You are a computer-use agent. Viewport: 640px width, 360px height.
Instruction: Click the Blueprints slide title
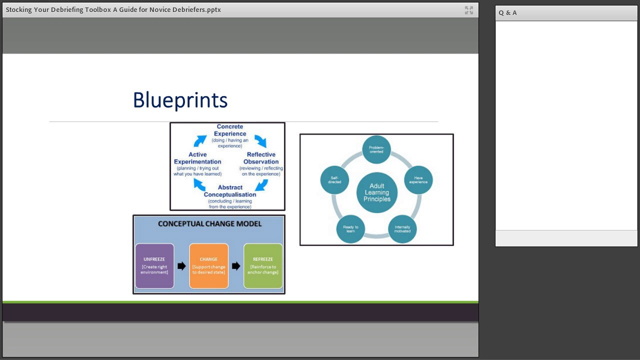180,100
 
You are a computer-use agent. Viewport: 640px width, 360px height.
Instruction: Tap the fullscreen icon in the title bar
468,10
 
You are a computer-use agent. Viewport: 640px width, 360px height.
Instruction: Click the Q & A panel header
508,13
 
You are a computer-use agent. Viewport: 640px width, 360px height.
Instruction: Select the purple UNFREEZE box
154,266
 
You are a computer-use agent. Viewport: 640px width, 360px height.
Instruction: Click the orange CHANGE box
208,266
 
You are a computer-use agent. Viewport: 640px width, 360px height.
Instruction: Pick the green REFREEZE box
263,266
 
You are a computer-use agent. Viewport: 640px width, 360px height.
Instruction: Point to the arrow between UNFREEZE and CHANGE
181,266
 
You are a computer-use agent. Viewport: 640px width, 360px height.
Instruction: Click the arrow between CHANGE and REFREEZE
236,266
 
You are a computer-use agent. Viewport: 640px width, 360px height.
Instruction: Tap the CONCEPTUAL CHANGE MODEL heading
209,223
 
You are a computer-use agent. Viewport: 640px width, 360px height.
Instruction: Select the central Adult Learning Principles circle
377,192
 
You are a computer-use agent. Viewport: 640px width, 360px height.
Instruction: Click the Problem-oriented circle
376,149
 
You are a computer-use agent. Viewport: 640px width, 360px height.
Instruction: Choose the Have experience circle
418,180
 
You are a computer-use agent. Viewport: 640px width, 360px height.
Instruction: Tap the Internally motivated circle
402,229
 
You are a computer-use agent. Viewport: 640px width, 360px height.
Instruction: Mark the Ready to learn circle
350,229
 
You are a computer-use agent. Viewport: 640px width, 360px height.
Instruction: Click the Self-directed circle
334,180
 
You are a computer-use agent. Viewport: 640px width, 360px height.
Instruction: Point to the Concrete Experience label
230,130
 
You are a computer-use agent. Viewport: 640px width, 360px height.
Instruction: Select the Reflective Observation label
261,158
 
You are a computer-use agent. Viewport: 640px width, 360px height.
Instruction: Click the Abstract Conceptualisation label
230,191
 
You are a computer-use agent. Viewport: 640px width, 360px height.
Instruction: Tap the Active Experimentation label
197,158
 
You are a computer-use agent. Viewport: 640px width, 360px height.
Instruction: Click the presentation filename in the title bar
113,9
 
